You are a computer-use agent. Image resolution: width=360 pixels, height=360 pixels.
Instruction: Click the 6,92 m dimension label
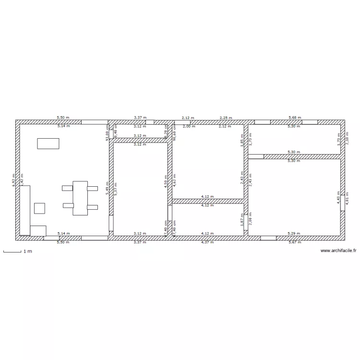pos(13,180)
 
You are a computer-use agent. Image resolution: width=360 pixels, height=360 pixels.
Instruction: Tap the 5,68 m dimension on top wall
pos(293,117)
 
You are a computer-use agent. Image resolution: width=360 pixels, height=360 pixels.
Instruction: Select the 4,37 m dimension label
pos(208,242)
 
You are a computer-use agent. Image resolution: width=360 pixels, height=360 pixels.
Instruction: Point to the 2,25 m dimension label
pos(226,117)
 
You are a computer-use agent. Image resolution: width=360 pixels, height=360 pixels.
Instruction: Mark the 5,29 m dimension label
pos(293,233)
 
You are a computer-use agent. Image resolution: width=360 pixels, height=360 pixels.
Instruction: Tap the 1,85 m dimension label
pos(242,139)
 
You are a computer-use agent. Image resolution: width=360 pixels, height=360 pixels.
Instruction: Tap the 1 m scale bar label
pos(27,251)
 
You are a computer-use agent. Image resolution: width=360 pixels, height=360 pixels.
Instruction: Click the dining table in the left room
pos(80,198)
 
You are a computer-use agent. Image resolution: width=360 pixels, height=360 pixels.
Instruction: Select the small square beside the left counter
pos(39,208)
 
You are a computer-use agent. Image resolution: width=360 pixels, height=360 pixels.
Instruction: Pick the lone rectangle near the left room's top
pos(48,144)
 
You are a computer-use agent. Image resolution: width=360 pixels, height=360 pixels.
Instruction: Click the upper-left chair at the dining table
pos(67,188)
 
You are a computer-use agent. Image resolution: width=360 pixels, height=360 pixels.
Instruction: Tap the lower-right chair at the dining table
pos(93,207)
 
